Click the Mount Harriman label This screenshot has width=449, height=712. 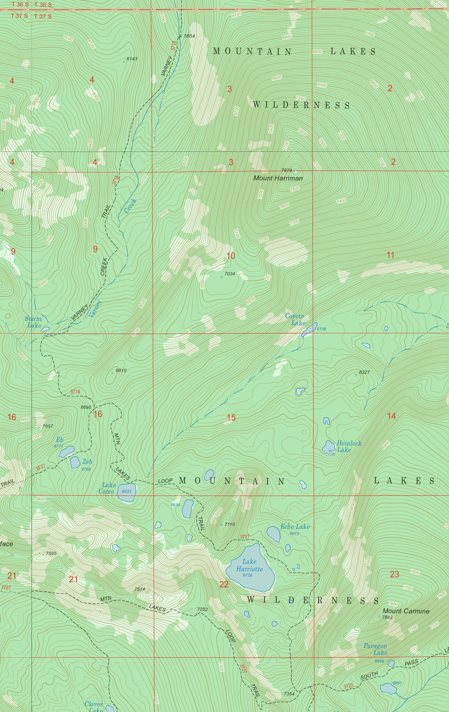[278, 178]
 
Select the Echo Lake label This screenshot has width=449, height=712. [295, 527]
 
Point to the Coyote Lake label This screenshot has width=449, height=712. [295, 320]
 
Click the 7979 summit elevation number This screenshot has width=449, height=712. [286, 170]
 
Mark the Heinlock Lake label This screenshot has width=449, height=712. [349, 446]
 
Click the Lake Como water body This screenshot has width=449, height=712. [126, 492]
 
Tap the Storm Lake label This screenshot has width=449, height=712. [33, 322]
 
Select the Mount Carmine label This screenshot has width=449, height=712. [406, 611]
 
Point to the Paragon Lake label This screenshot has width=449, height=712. [376, 649]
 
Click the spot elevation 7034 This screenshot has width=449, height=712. [229, 274]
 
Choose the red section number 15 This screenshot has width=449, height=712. [231, 418]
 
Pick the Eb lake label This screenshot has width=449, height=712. [60, 440]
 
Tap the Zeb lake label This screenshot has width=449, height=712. [87, 462]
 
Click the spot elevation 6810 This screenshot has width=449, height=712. [121, 371]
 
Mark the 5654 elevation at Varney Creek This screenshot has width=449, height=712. [189, 36]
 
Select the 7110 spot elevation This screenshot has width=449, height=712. [229, 524]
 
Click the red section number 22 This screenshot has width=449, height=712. [224, 584]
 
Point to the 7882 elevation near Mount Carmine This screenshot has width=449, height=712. [387, 617]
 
